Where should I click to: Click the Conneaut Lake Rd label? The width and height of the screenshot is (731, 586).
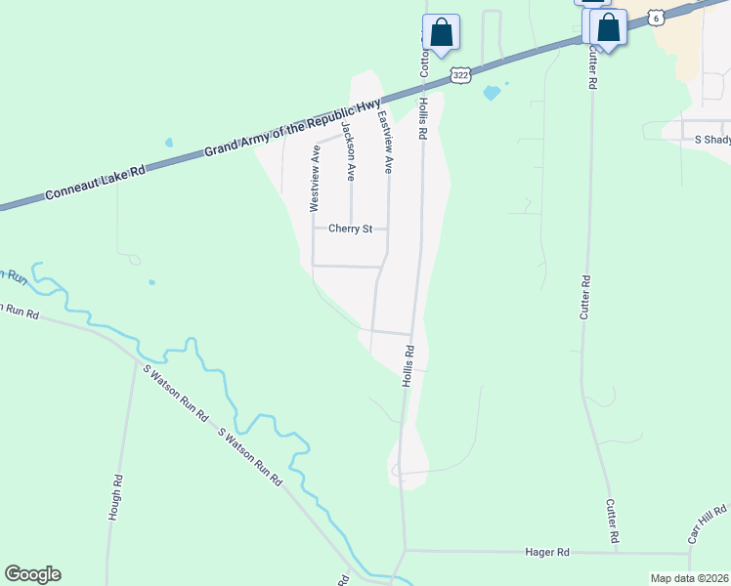click(95, 183)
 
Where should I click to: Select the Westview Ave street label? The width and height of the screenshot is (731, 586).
click(315, 179)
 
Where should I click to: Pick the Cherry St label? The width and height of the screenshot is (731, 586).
click(351, 230)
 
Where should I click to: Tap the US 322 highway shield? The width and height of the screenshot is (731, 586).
click(461, 73)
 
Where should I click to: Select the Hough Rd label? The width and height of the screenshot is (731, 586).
click(116, 496)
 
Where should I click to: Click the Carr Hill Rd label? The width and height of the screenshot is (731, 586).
click(708, 524)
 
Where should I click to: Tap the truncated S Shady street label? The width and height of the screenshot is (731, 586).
click(712, 140)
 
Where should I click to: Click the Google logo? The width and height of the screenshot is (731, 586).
click(32, 574)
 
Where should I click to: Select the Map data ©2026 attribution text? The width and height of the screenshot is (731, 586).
click(689, 578)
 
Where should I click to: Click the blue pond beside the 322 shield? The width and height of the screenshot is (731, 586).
click(492, 93)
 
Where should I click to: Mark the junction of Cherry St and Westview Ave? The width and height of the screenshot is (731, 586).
click(313, 230)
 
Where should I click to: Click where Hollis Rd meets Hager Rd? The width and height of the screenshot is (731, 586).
click(404, 550)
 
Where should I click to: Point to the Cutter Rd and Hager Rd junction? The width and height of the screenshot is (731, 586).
click(617, 552)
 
